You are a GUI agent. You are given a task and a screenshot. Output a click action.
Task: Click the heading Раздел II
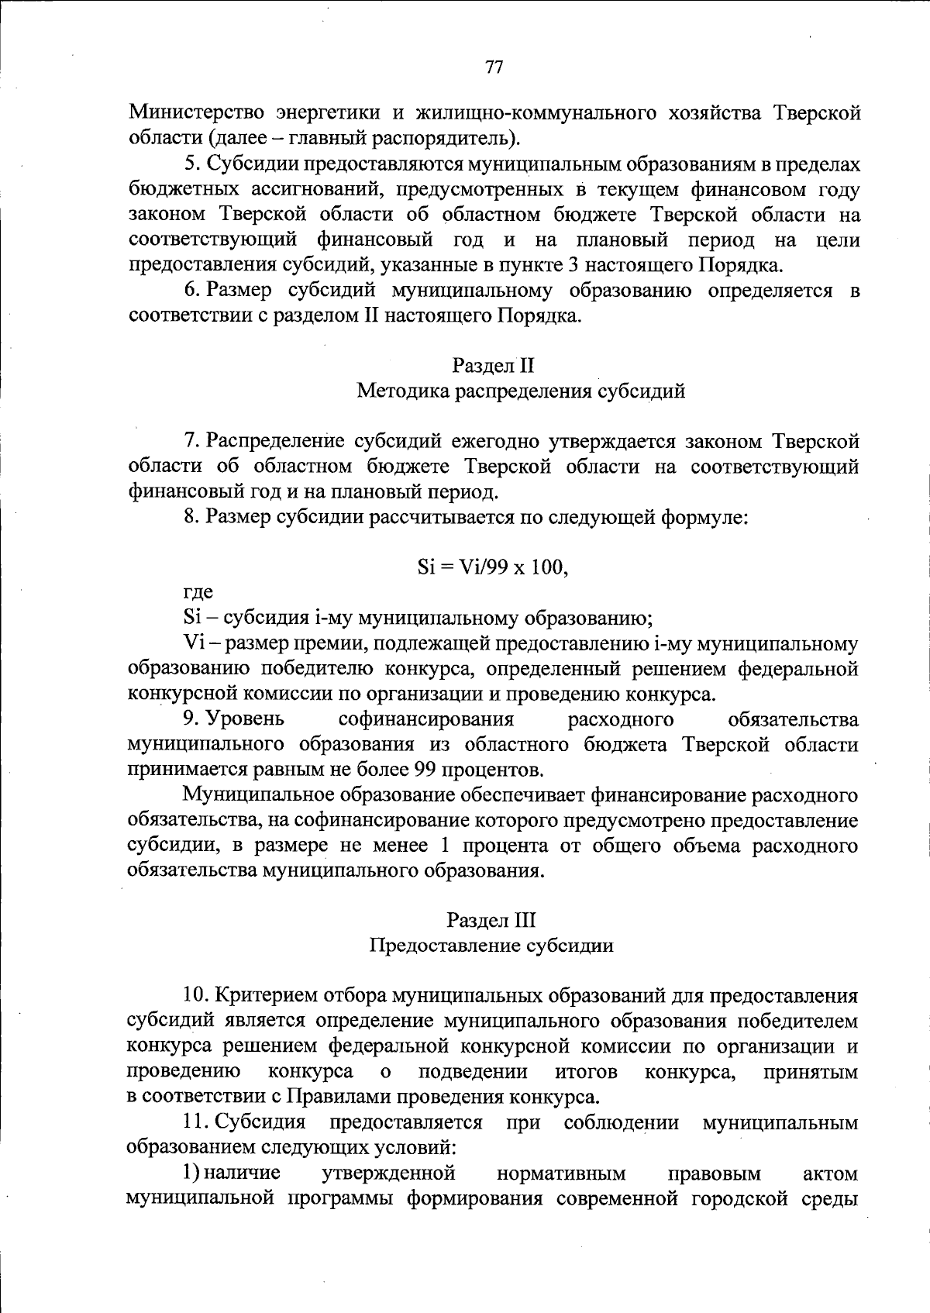click(x=494, y=365)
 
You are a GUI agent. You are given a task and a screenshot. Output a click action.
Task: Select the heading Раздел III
click(x=491, y=920)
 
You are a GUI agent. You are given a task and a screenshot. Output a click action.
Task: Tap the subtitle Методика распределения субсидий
click(x=521, y=391)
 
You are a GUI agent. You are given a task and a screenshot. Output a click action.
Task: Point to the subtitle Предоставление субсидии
click(x=491, y=946)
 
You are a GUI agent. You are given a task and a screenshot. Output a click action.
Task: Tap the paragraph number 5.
click(x=191, y=164)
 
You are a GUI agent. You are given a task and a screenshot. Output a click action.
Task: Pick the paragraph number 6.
click(x=191, y=291)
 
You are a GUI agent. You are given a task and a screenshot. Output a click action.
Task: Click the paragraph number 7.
click(x=191, y=442)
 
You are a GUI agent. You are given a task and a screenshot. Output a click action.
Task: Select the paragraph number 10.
click(x=195, y=996)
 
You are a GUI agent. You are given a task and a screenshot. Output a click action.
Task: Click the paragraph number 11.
click(x=195, y=1122)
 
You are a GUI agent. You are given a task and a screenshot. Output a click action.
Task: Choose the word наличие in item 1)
click(x=247, y=1173)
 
